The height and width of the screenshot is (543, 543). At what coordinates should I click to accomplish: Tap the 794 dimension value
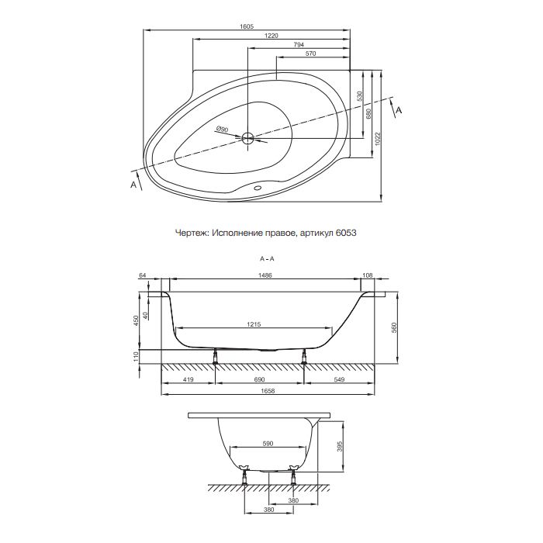pos(298,46)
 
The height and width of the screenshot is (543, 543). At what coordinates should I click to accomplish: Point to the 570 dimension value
pos(310,55)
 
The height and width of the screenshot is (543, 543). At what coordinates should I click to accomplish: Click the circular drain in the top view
pos(248,139)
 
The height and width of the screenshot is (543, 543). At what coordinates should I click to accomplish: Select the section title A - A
pos(267,257)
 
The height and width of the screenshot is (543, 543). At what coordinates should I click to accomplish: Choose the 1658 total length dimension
pos(267,391)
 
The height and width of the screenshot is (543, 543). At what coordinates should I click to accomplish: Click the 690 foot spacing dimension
pos(259,380)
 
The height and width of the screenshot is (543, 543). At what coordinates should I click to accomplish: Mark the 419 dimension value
pos(188,380)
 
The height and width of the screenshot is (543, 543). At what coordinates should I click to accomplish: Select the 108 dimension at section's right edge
pos(368,275)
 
